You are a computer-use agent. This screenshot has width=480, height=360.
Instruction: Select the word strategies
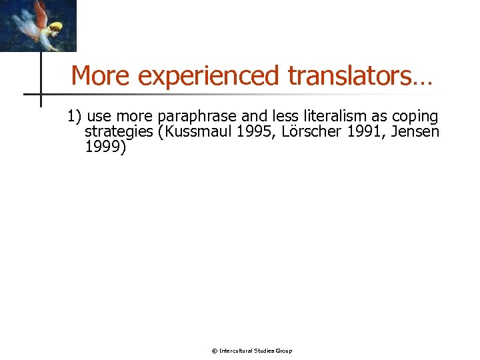point(120,132)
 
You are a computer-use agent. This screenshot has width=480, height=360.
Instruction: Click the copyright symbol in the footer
point(214,351)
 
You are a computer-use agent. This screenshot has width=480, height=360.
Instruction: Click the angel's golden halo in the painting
point(56,27)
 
